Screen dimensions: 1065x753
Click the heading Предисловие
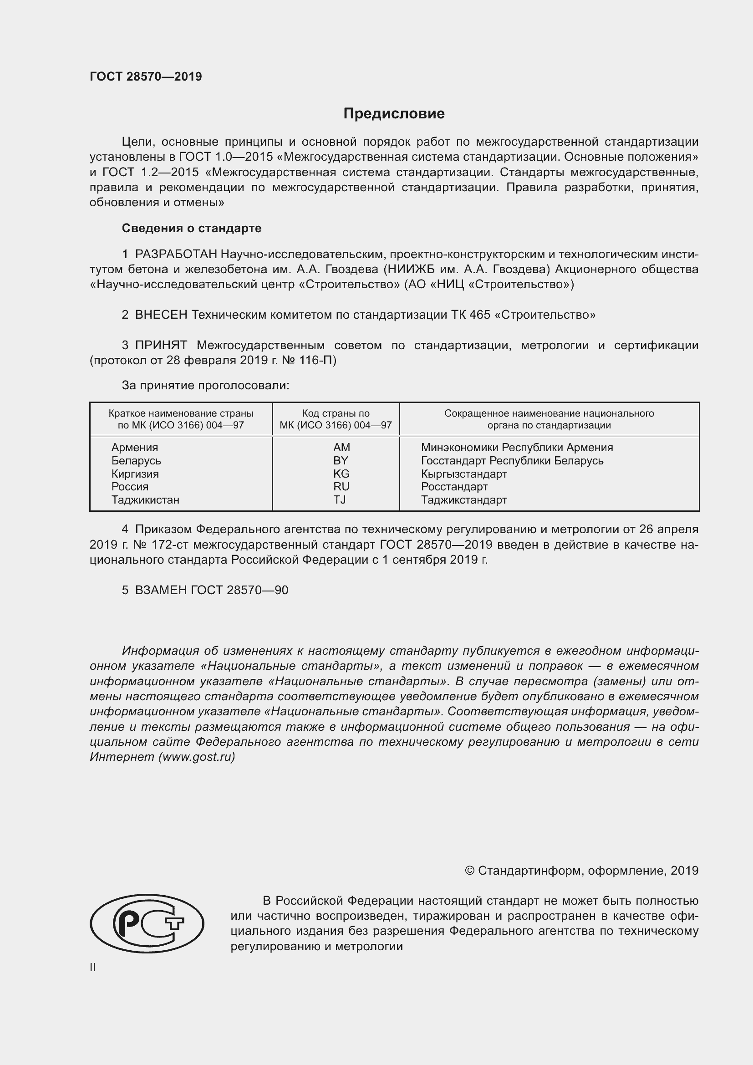[x=394, y=114]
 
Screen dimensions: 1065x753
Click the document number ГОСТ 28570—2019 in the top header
[x=146, y=76]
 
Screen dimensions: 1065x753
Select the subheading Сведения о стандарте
[x=192, y=228]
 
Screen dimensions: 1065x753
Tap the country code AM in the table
[x=341, y=447]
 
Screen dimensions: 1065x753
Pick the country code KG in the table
[x=341, y=474]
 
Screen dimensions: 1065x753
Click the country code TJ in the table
[x=340, y=499]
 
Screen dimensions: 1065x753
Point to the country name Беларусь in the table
[x=136, y=461]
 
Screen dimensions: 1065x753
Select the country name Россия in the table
[x=130, y=487]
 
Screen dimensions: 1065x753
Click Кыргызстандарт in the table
[x=463, y=474]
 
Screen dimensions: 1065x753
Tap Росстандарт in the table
[x=454, y=487]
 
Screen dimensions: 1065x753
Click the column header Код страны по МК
[x=336, y=419]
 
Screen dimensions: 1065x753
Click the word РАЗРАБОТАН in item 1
[x=176, y=254]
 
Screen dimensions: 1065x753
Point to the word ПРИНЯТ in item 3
[x=161, y=345]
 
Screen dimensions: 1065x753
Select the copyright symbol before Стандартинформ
[x=469, y=871]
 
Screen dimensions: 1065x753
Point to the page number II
[x=93, y=968]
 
